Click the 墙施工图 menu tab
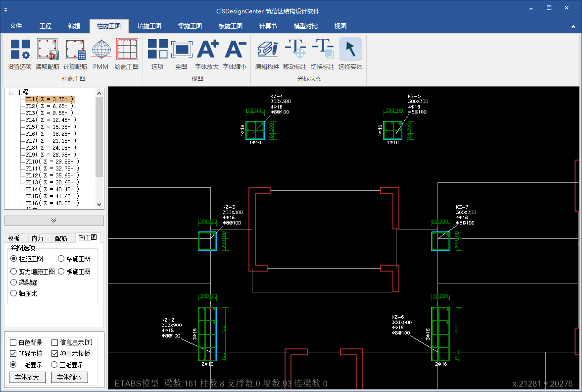coord(149,26)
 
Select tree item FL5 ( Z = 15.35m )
coord(51,127)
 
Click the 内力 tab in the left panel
coord(37,238)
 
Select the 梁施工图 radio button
coord(61,259)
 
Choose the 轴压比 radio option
coord(14,293)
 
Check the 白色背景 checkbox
coord(13,342)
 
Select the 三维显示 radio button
coord(54,365)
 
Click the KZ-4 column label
coord(277,97)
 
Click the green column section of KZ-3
coord(207,241)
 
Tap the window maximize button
coord(549,8)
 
